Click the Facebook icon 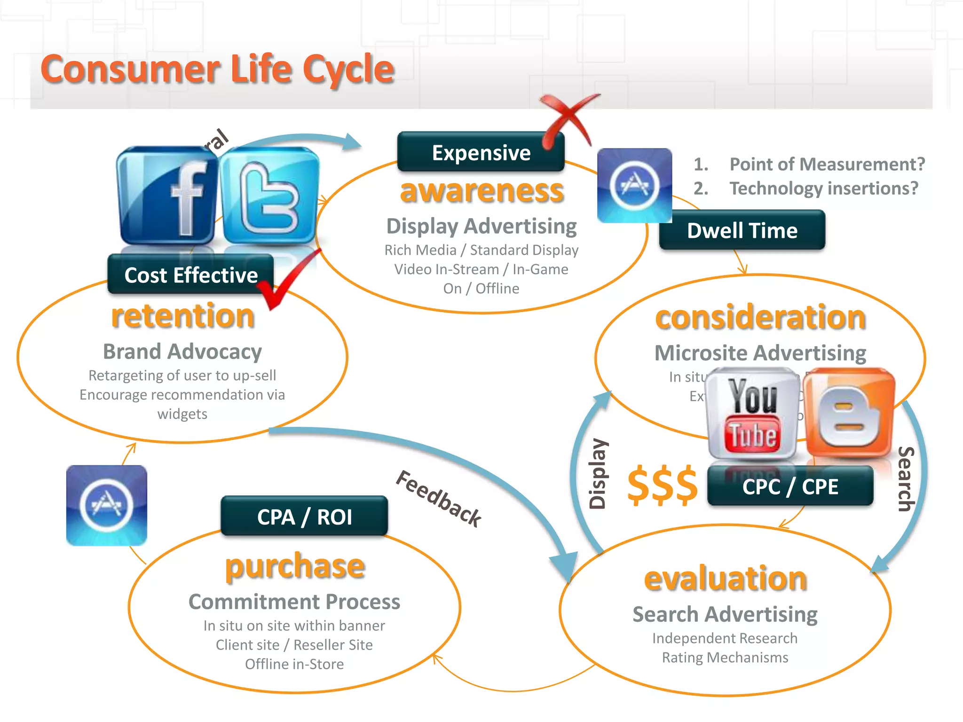(x=167, y=195)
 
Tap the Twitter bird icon (x=269, y=195)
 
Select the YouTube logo (x=753, y=414)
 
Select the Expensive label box (x=481, y=152)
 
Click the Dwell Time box (x=742, y=230)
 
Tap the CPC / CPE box (x=790, y=487)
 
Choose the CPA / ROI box (x=304, y=517)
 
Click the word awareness (x=481, y=191)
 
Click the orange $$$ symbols (x=663, y=485)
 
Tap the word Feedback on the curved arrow (x=438, y=498)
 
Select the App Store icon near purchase (x=107, y=505)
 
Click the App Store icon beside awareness (x=634, y=185)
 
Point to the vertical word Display (x=598, y=474)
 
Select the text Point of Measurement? (x=827, y=164)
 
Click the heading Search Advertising (x=725, y=614)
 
